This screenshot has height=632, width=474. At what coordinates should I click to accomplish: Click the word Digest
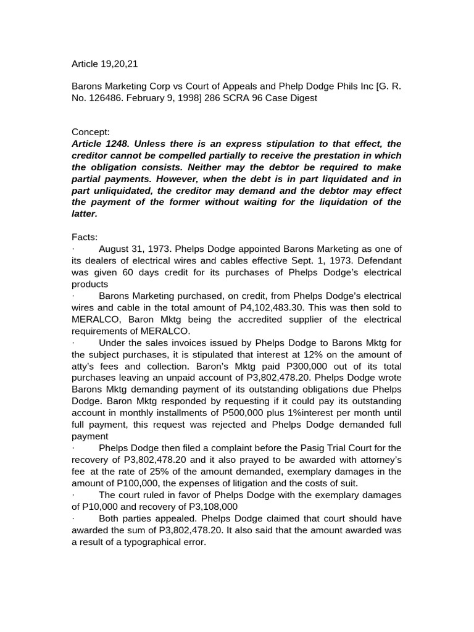[302, 98]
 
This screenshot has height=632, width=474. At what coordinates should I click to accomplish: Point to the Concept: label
[91, 132]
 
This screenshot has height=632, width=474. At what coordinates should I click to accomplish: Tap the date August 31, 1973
[134, 249]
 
